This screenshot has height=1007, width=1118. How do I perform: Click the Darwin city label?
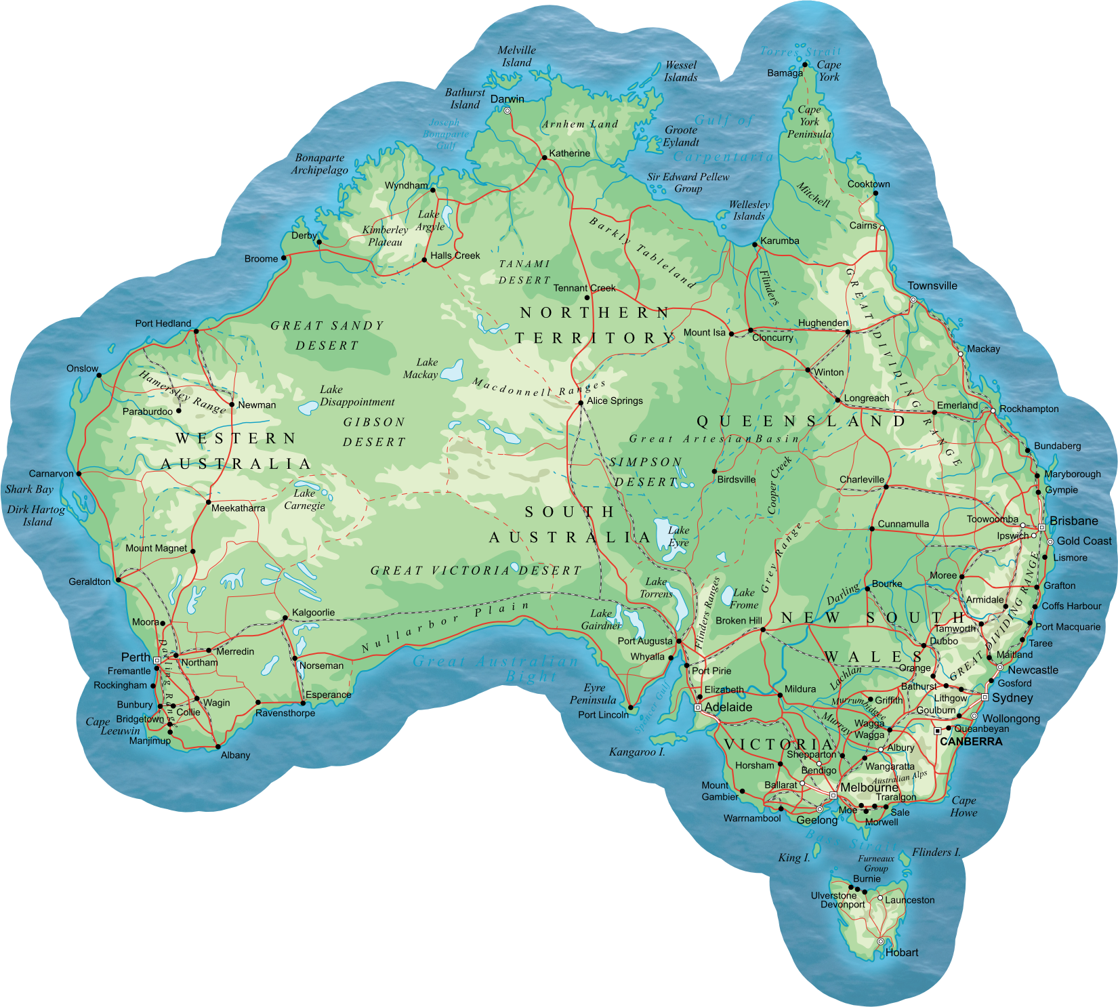pyautogui.click(x=507, y=99)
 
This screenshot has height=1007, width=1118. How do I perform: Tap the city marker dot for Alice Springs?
pyautogui.click(x=581, y=403)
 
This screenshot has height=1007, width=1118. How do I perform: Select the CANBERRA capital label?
pyautogui.click(x=970, y=741)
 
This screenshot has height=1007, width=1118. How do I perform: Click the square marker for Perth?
pyautogui.click(x=157, y=660)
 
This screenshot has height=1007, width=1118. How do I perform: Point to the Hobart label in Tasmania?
pyautogui.click(x=901, y=952)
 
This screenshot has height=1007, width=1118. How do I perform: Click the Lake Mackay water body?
pyautogui.click(x=452, y=371)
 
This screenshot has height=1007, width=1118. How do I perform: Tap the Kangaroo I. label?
pyautogui.click(x=637, y=752)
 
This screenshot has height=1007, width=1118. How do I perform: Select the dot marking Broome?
pyautogui.click(x=284, y=258)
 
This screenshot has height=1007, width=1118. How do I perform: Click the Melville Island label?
pyautogui.click(x=516, y=56)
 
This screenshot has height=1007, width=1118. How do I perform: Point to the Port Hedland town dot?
pyautogui.click(x=196, y=331)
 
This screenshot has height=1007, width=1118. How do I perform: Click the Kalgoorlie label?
pyautogui.click(x=313, y=613)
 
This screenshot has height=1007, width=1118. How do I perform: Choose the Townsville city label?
pyautogui.click(x=932, y=286)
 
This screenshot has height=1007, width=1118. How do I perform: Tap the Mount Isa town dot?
pyautogui.click(x=731, y=333)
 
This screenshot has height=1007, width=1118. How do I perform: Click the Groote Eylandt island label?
pyautogui.click(x=681, y=136)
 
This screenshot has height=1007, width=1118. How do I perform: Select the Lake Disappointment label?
pyautogui.click(x=357, y=396)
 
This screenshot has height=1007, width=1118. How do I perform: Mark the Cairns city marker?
pyautogui.click(x=882, y=228)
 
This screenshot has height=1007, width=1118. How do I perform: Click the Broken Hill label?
pyautogui.click(x=739, y=620)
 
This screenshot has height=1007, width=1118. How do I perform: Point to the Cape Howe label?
pyautogui.click(x=964, y=806)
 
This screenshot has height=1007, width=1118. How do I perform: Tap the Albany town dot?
pyautogui.click(x=218, y=747)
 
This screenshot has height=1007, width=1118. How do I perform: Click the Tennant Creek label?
pyautogui.click(x=584, y=288)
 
